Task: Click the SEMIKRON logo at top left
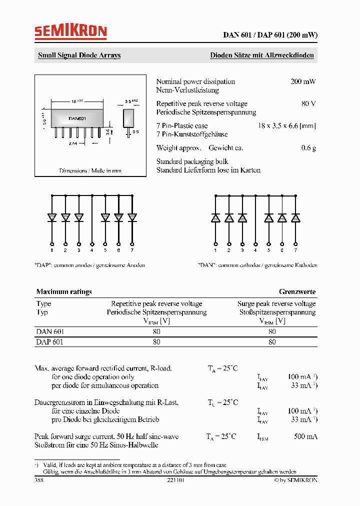[70, 32]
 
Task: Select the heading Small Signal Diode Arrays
[79, 55]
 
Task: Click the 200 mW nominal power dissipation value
[303, 81]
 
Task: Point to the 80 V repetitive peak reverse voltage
[308, 103]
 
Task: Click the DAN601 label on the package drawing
[77, 118]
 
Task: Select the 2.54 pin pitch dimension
[74, 143]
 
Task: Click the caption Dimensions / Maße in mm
[90, 170]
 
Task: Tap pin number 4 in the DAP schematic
[92, 249]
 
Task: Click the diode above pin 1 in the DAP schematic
[52, 217]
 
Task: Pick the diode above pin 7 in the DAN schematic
[295, 218]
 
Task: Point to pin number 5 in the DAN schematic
[268, 249]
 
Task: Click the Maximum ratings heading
[64, 291]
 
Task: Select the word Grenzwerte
[297, 291]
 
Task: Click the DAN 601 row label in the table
[50, 331]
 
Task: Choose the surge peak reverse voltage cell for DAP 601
[272, 342]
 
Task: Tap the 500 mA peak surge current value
[305, 436]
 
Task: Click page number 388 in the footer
[39, 480]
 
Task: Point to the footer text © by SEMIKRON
[295, 480]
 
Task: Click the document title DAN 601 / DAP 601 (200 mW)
[270, 35]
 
